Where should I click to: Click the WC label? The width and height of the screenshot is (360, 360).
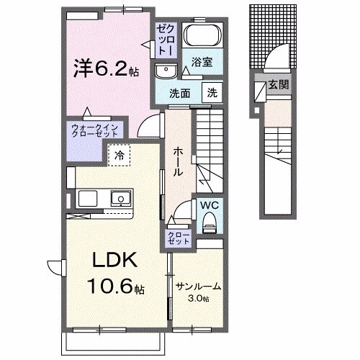[209, 205]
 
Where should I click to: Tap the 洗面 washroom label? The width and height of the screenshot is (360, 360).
[180, 92]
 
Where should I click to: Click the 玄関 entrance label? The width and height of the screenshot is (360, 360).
[278, 85]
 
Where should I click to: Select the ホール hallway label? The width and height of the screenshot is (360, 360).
[178, 162]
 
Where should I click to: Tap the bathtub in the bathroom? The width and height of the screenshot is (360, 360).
[201, 36]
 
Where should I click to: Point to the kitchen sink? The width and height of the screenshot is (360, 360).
[120, 199]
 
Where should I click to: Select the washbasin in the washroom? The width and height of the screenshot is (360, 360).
[166, 71]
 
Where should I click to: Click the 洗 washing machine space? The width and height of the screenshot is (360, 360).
[212, 92]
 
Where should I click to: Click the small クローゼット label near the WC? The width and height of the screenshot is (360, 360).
[179, 238]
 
